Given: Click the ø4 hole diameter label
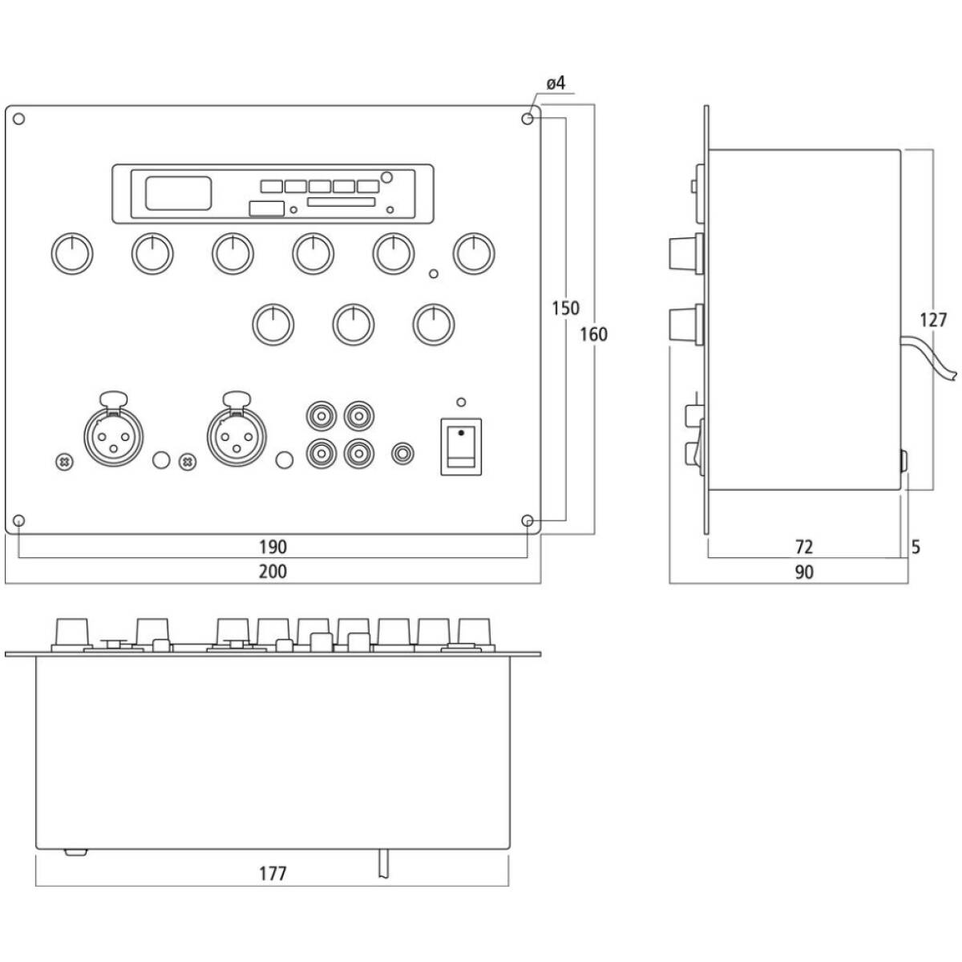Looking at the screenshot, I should (556, 83).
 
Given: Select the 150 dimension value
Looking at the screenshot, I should (565, 309).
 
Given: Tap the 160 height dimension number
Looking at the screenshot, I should (593, 334).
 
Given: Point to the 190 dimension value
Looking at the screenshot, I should (273, 547).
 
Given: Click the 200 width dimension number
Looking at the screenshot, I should (273, 572).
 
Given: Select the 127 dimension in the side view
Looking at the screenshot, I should (933, 321).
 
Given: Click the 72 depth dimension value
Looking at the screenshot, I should (803, 547).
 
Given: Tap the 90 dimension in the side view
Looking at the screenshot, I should (803, 572).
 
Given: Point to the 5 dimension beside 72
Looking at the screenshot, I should (916, 547).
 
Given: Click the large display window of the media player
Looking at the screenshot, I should (178, 193).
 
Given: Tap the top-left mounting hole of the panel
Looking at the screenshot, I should (19, 119).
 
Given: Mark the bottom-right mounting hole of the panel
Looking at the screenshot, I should (527, 521).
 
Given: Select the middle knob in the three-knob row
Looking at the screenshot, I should (354, 325).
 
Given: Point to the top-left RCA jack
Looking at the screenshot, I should (321, 416).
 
